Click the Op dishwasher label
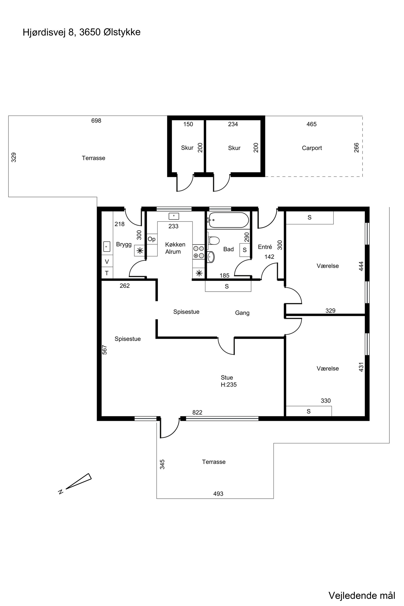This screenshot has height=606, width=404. [151, 239]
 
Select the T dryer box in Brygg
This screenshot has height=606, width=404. [107, 273]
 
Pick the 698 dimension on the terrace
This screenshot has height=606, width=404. [96, 121]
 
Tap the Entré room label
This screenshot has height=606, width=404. [265, 247]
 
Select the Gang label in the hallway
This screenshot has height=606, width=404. [242, 313]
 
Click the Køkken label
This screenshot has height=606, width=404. [175, 244]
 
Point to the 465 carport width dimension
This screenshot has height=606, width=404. [312, 124]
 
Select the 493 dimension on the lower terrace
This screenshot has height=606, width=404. [218, 494]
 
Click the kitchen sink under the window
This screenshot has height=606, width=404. [174, 216]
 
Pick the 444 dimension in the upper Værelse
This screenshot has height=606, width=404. [361, 266]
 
